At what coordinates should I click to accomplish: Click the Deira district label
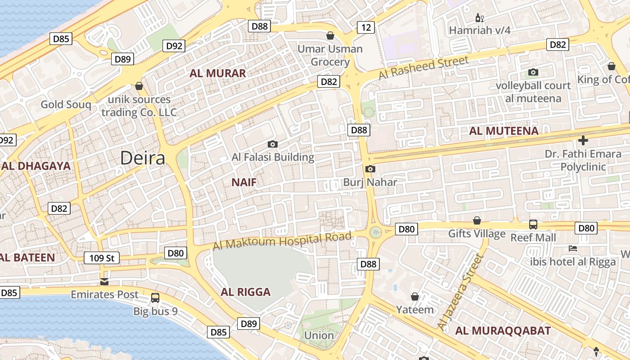pos(143,158)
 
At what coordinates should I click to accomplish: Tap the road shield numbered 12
pos(366,27)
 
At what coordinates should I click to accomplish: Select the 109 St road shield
pos(101,258)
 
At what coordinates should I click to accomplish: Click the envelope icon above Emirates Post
pos(104,282)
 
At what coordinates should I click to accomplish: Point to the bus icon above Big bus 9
pos(155,297)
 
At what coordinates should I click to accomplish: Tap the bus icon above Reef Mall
pos(533,224)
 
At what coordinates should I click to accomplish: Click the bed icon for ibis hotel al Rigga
pos(573,248)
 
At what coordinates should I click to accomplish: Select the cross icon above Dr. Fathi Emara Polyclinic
pos(583,140)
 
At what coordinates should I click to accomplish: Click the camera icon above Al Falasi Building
pos(272,144)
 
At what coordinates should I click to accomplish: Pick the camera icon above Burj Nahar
pos(370,169)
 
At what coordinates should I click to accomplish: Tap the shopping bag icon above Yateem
pos(415,297)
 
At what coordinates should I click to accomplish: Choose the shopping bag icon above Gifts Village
pos(477,220)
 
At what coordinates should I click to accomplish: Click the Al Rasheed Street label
pos(423,67)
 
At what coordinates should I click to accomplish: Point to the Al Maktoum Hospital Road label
pos(282,242)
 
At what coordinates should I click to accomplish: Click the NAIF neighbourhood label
pos(244,182)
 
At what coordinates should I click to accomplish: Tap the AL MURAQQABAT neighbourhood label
pos(503,331)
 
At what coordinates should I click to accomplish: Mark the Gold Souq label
pos(66,105)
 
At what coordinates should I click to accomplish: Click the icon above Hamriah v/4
pos(480,18)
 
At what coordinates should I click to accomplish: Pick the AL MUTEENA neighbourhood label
pos(504,131)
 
